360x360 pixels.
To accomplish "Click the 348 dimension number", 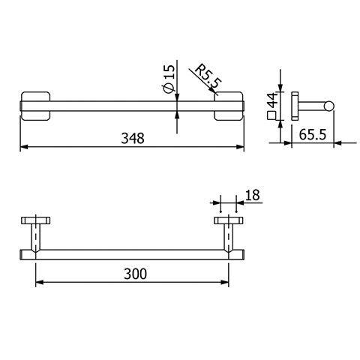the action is (133, 138).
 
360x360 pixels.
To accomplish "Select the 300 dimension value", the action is (135, 274).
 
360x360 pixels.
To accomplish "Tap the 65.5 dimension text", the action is (313, 134).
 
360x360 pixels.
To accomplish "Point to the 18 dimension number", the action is (253, 195).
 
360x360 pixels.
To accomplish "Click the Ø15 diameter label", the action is (168, 78).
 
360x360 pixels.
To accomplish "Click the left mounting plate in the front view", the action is (36, 106).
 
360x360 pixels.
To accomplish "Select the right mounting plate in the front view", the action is (229, 106).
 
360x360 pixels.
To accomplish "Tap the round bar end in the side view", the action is (329, 106).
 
